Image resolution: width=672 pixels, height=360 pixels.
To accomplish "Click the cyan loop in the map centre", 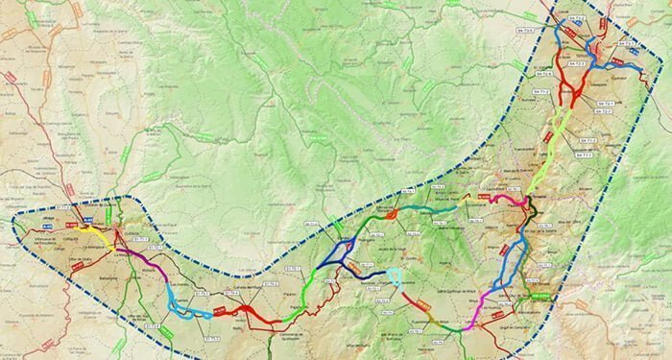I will (x=395, y=278).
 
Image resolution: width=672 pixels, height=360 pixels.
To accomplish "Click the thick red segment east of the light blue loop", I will (x=253, y=311).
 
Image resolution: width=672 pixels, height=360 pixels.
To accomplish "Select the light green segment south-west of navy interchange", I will (x=305, y=298).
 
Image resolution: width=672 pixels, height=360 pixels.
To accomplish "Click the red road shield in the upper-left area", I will (x=11, y=77).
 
